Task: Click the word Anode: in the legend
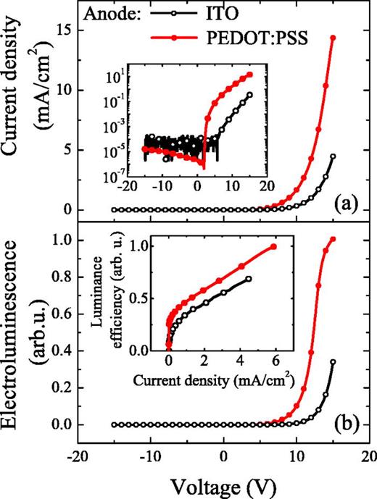point(115,13)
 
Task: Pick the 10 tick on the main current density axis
point(61,91)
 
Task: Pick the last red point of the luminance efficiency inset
point(274,247)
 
